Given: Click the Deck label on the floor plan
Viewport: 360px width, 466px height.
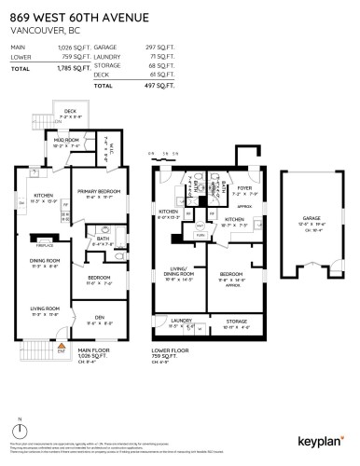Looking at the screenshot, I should [69, 111].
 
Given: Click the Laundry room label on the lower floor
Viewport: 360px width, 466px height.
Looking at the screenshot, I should [180, 320].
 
